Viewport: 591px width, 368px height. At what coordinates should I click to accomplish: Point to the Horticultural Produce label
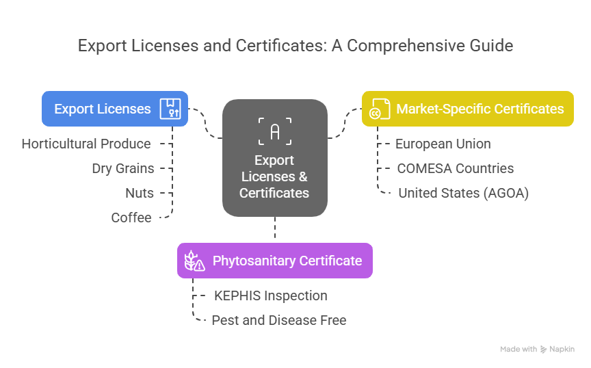[x=86, y=144]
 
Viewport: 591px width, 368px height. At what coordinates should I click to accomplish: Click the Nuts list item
[x=140, y=193]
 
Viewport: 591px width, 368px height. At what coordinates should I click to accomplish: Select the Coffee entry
[x=131, y=218]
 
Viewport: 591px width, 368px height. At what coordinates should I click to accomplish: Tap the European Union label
[x=443, y=144]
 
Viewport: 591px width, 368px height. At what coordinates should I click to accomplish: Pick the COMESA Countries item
[x=455, y=168]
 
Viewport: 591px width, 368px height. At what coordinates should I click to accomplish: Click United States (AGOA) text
[x=463, y=193]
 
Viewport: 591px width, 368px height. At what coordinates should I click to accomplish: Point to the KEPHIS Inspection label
[x=270, y=295]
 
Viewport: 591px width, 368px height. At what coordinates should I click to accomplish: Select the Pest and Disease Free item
[x=279, y=320]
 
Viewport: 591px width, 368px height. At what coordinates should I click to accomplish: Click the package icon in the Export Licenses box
[x=170, y=109]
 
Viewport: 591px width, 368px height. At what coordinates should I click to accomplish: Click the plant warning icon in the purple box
[x=194, y=261]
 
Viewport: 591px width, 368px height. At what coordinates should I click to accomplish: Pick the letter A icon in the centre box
[x=274, y=131]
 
